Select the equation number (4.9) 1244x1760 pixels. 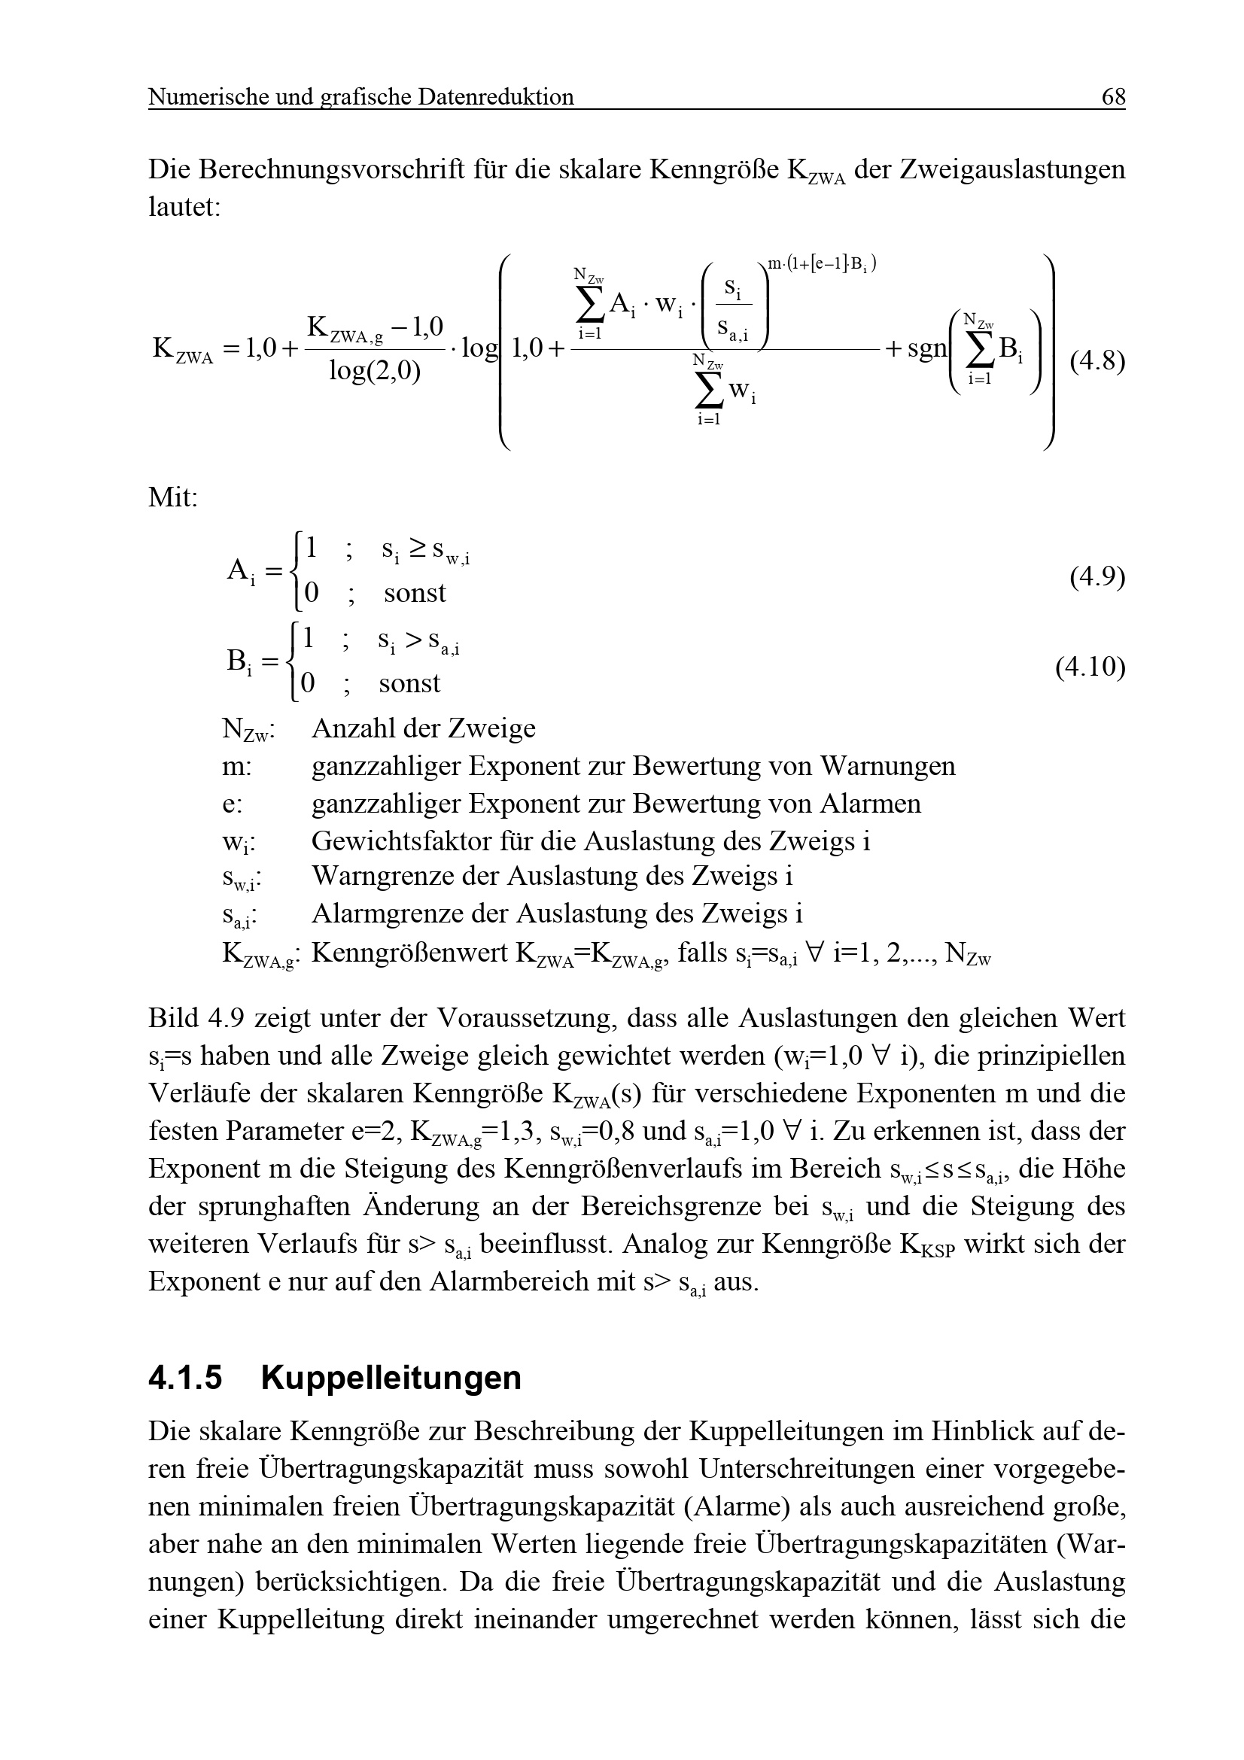tap(1096, 576)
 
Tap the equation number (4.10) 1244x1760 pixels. tap(1090, 667)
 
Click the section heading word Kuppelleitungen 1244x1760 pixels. tap(391, 1378)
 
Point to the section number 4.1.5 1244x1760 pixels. tap(184, 1378)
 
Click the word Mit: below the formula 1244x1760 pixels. tap(172, 497)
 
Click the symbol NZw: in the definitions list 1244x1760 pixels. tap(248, 729)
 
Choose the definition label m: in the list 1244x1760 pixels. tap(237, 766)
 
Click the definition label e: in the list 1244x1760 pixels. tap(233, 804)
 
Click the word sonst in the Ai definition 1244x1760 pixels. tap(415, 592)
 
